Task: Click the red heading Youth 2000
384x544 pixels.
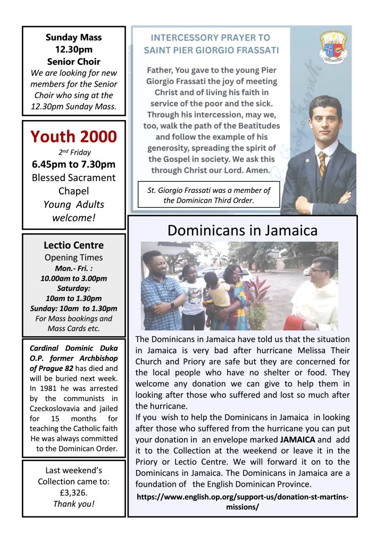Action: click(73, 137)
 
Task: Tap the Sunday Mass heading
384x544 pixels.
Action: click(73, 37)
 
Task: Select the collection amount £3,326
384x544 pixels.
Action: click(73, 492)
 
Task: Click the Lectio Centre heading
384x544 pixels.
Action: click(73, 245)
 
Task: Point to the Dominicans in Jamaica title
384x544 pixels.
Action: click(242, 230)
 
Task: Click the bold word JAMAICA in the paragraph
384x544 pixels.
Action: click(298, 440)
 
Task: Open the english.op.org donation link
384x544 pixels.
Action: click(242, 501)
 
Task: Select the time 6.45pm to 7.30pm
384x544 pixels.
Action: click(73, 164)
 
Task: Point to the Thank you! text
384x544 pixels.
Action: click(73, 504)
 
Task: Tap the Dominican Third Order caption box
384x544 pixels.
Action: click(208, 195)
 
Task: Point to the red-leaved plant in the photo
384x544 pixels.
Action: click(259, 297)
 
